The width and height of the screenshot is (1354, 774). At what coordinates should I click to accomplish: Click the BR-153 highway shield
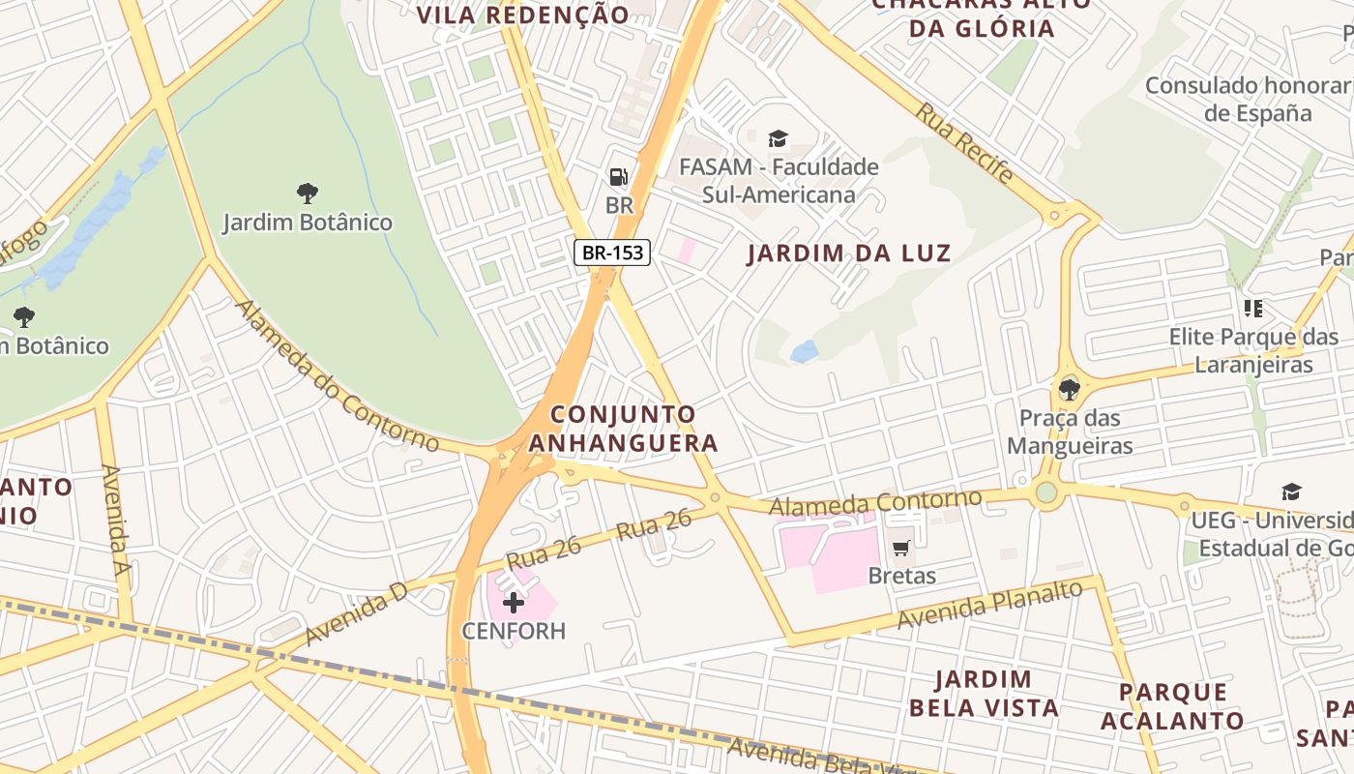tap(613, 253)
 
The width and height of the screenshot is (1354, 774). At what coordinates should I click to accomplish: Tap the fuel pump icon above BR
tap(618, 177)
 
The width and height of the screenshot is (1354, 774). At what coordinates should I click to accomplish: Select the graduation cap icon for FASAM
tap(778, 139)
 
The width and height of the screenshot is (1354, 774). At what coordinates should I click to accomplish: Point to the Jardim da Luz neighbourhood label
tap(848, 253)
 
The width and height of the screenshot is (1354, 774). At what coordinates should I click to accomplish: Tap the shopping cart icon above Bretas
tap(901, 549)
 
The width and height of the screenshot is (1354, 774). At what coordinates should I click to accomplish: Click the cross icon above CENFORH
tap(513, 603)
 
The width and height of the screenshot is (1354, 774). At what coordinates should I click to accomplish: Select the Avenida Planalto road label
tap(988, 605)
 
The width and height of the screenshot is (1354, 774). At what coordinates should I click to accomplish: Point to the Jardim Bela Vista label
tap(984, 693)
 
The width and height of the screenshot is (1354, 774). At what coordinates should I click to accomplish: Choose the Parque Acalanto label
tap(1172, 706)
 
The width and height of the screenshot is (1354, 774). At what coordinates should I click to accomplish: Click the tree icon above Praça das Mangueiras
tap(1069, 390)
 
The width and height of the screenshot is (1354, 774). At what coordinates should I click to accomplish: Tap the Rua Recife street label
tap(964, 143)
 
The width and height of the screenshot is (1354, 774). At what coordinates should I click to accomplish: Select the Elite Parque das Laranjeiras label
tap(1253, 350)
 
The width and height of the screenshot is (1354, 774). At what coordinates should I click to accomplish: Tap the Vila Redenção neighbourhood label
tap(522, 15)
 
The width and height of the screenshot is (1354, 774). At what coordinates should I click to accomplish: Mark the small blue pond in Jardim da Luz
tap(805, 351)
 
